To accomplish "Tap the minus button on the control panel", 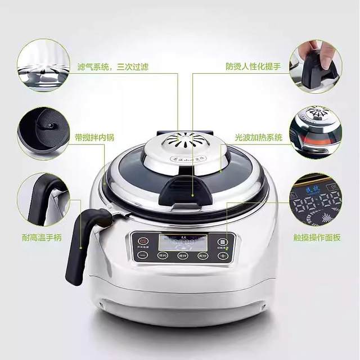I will (142, 255).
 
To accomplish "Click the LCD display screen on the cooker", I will (183, 242).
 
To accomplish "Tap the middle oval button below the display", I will (182, 255).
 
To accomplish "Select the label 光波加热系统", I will (259, 137).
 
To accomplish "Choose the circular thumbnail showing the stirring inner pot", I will (43, 133).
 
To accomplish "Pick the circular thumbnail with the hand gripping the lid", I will (316, 65).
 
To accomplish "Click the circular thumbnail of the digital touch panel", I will (316, 200).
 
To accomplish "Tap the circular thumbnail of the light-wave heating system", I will (316, 132).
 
